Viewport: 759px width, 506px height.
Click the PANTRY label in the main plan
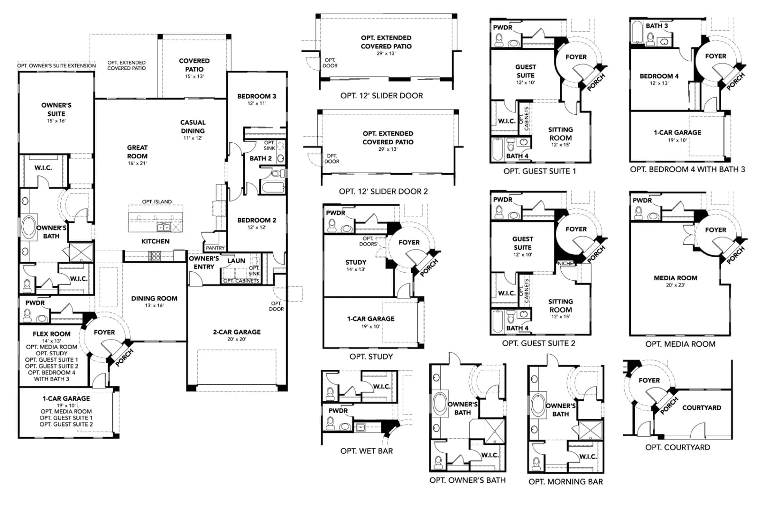click(215, 248)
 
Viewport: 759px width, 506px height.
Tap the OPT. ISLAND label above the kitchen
click(157, 202)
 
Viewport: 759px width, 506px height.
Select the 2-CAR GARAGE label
click(237, 332)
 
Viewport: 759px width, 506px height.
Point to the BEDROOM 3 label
click(257, 96)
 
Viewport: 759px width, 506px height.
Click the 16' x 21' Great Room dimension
click(137, 163)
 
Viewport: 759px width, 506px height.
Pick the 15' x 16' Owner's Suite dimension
click(56, 121)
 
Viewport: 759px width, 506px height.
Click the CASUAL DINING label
click(193, 127)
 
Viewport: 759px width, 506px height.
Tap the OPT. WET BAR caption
click(367, 451)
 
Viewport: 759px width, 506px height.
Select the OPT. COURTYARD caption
click(678, 447)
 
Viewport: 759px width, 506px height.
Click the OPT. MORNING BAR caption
click(566, 482)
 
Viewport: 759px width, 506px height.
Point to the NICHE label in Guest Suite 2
click(565, 263)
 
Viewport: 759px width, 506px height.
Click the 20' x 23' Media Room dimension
click(676, 285)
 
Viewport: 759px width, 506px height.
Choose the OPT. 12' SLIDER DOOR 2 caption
click(384, 192)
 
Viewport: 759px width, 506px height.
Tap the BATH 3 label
click(657, 26)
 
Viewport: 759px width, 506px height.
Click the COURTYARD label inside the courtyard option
click(702, 408)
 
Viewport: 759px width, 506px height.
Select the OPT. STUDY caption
click(371, 357)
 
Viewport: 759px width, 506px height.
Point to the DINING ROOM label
click(154, 298)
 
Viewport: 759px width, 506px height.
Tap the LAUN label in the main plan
click(236, 261)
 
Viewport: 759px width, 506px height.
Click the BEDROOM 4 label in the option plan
click(659, 76)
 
